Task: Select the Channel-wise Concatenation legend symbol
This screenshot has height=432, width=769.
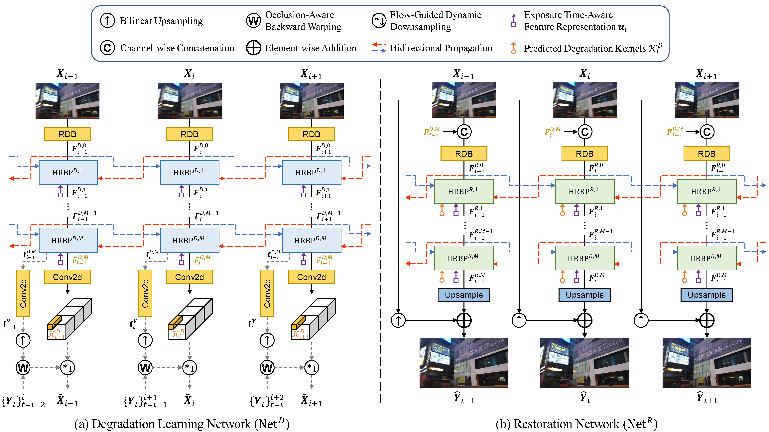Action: pos(107,48)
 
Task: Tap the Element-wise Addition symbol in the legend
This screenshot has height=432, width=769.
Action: pos(253,48)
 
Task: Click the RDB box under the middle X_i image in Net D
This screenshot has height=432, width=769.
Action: pos(189,134)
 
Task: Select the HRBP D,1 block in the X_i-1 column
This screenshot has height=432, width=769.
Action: pos(68,172)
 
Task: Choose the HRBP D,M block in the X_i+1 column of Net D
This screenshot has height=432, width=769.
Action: pos(311,240)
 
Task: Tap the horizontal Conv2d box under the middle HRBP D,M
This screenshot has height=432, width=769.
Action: pos(189,277)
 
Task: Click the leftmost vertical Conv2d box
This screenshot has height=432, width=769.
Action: pos(23,293)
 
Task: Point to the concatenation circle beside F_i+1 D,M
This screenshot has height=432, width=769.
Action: pos(707,132)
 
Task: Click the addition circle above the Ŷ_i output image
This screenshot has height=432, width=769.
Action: pos(584,320)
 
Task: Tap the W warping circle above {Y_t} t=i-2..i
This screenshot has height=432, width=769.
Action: pos(23,367)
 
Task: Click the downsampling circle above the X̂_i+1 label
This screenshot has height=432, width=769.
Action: pos(311,367)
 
